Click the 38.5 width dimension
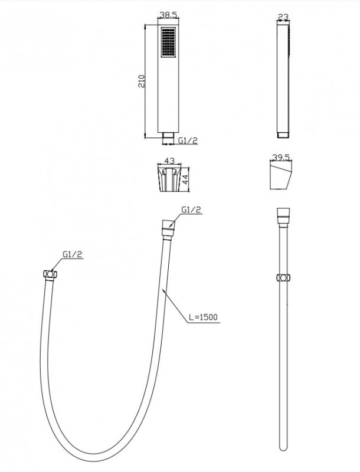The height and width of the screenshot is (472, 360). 168,14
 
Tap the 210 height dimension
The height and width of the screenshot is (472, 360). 142,81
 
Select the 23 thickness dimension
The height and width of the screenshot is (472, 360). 283,17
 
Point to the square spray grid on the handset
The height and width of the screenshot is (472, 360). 168,42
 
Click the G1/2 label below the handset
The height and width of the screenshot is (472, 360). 188,140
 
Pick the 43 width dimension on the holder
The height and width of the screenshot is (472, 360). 169,160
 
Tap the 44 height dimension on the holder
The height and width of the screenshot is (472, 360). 185,180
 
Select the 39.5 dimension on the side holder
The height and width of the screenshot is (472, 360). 281,158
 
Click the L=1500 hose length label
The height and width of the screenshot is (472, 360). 203,317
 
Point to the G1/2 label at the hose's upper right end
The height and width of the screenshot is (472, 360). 191,210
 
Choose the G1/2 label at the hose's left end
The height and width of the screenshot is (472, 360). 72,254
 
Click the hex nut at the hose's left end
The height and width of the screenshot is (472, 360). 50,275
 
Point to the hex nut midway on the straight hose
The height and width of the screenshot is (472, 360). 283,277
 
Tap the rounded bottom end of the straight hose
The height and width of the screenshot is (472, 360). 283,447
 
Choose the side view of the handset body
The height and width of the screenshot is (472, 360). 283,81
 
